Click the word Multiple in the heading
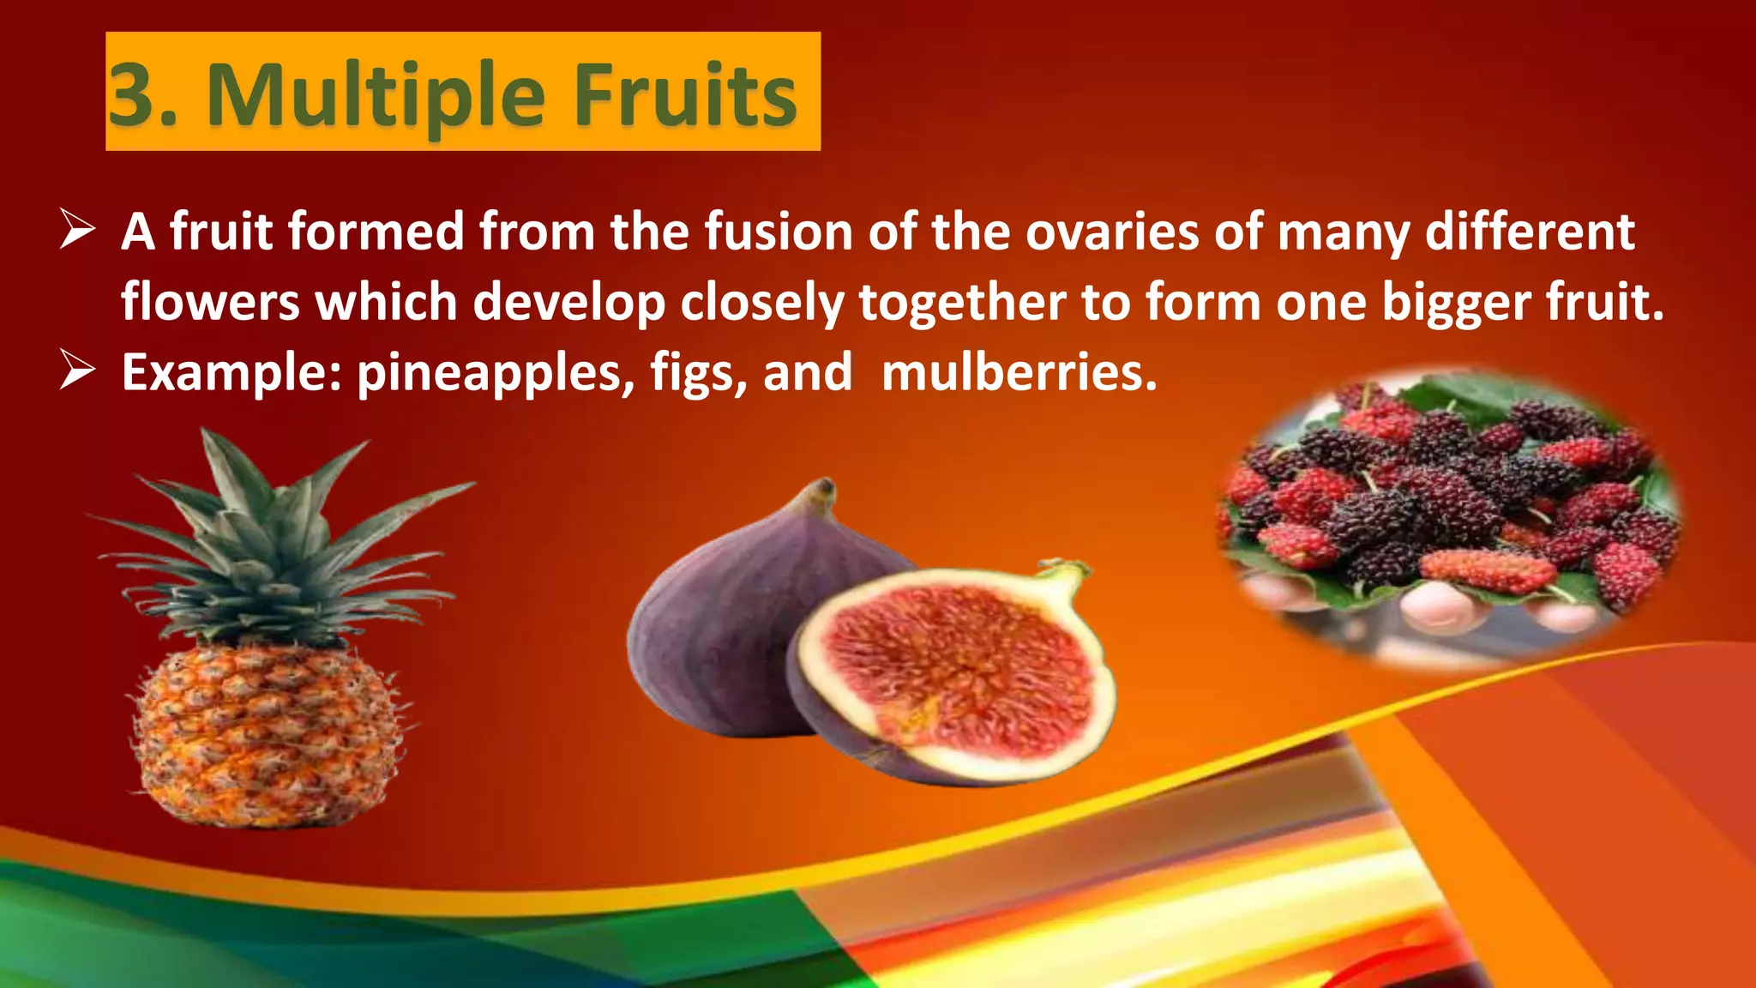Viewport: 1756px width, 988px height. point(376,94)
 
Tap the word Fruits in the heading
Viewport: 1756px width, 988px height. point(685,94)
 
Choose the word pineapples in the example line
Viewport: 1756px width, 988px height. point(490,373)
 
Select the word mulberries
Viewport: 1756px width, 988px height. point(1019,373)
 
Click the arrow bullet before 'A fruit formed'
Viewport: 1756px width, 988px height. point(77,232)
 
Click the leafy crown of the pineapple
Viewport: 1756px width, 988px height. point(274,549)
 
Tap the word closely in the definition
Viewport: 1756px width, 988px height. point(763,303)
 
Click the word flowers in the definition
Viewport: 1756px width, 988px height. point(210,303)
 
